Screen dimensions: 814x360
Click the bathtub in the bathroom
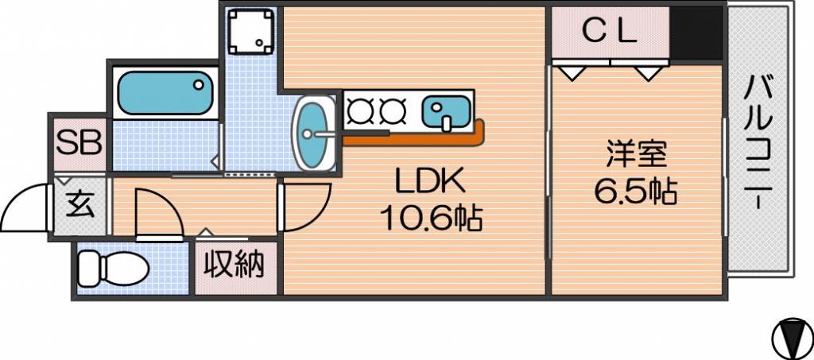[x=165, y=93]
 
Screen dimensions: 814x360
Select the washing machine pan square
[x=251, y=31]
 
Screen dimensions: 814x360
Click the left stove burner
[x=358, y=110]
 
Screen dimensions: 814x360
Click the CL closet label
[x=609, y=33]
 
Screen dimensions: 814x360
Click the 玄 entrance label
[x=80, y=205]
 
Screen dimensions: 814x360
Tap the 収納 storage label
[x=233, y=265]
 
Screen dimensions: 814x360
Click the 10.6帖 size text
[x=432, y=218]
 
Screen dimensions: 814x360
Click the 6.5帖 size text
[x=635, y=192]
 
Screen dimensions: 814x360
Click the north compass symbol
[x=793, y=339]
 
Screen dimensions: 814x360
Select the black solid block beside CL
[x=696, y=33]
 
